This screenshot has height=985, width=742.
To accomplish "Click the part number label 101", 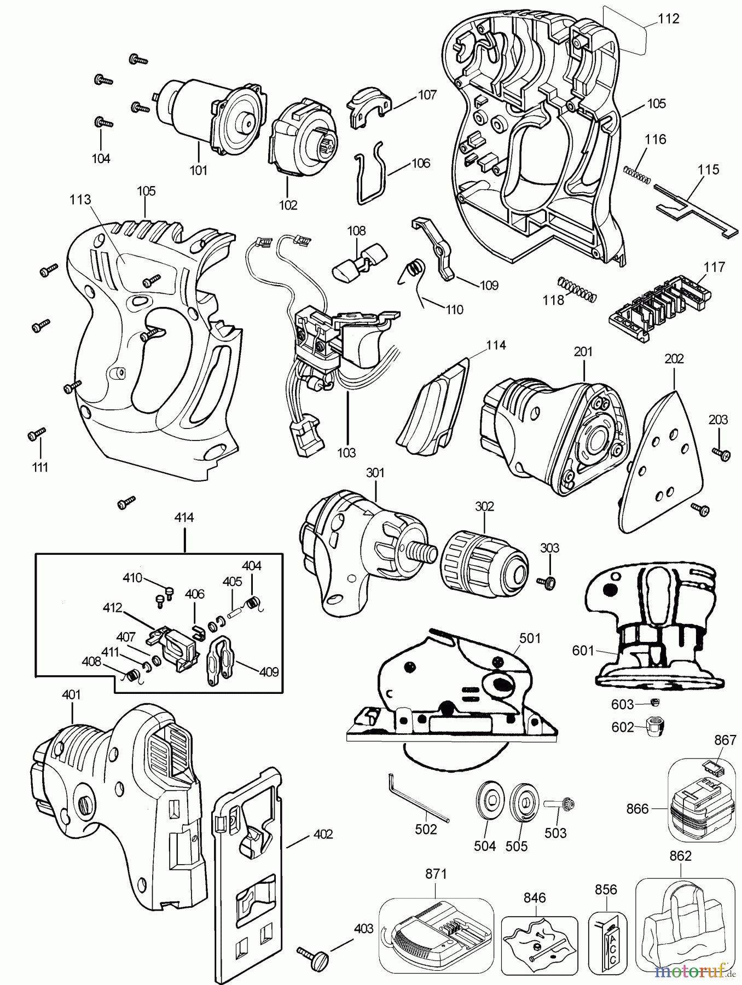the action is click(198, 170).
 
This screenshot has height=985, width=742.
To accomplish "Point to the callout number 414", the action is click(184, 517).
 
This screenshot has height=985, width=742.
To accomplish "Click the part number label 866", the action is click(637, 808).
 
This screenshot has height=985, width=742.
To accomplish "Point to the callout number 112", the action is click(669, 19).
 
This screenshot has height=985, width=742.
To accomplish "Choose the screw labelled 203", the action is click(721, 452).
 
